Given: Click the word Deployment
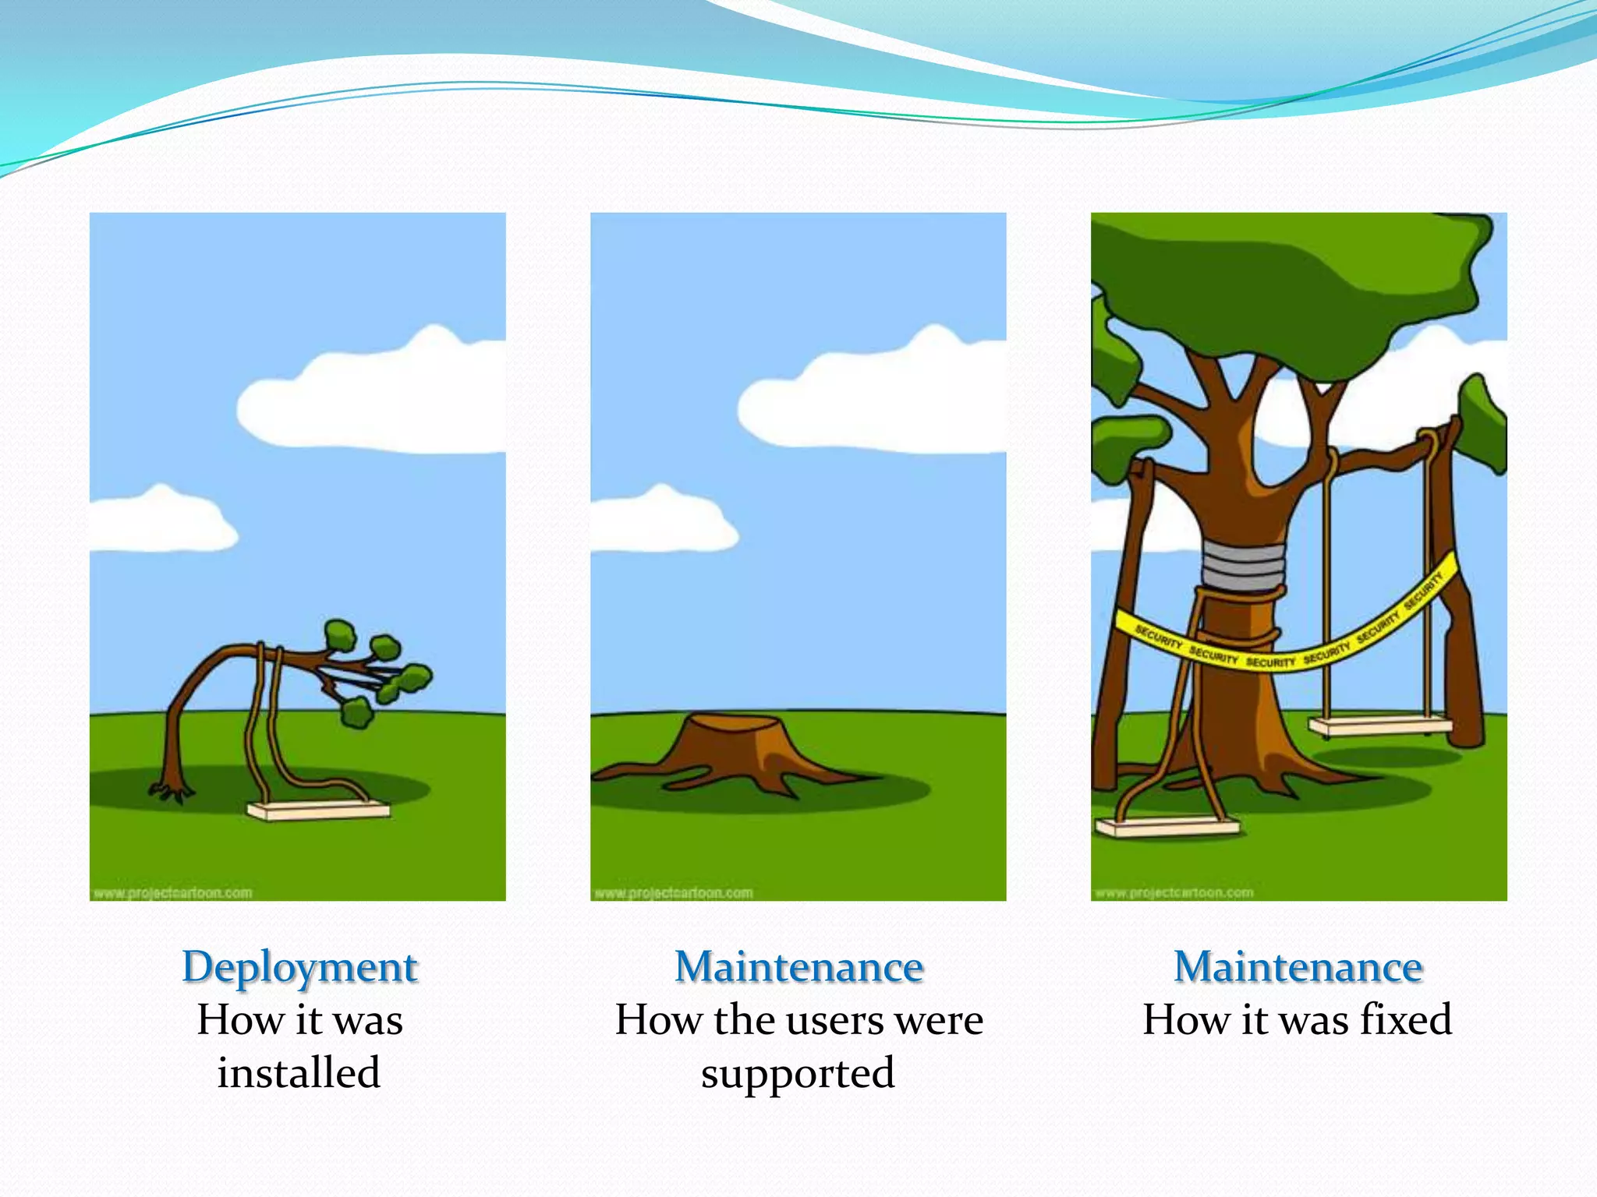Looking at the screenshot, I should (x=300, y=967).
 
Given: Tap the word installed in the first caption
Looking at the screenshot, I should (x=299, y=1072).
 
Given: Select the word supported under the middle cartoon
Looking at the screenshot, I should (x=798, y=1074).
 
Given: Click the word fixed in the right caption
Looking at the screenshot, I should (x=1406, y=1019).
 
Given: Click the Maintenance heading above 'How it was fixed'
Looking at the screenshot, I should (x=1298, y=967).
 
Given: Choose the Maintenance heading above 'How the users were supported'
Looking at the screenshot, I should (x=799, y=967).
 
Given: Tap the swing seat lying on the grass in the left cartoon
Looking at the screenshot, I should (x=318, y=810).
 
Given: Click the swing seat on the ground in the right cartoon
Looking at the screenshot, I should (x=1167, y=826).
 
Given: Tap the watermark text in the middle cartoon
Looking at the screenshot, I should (x=673, y=892).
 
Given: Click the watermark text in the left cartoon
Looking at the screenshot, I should (x=172, y=892).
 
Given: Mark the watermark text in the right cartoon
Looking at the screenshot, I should (x=1174, y=892).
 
